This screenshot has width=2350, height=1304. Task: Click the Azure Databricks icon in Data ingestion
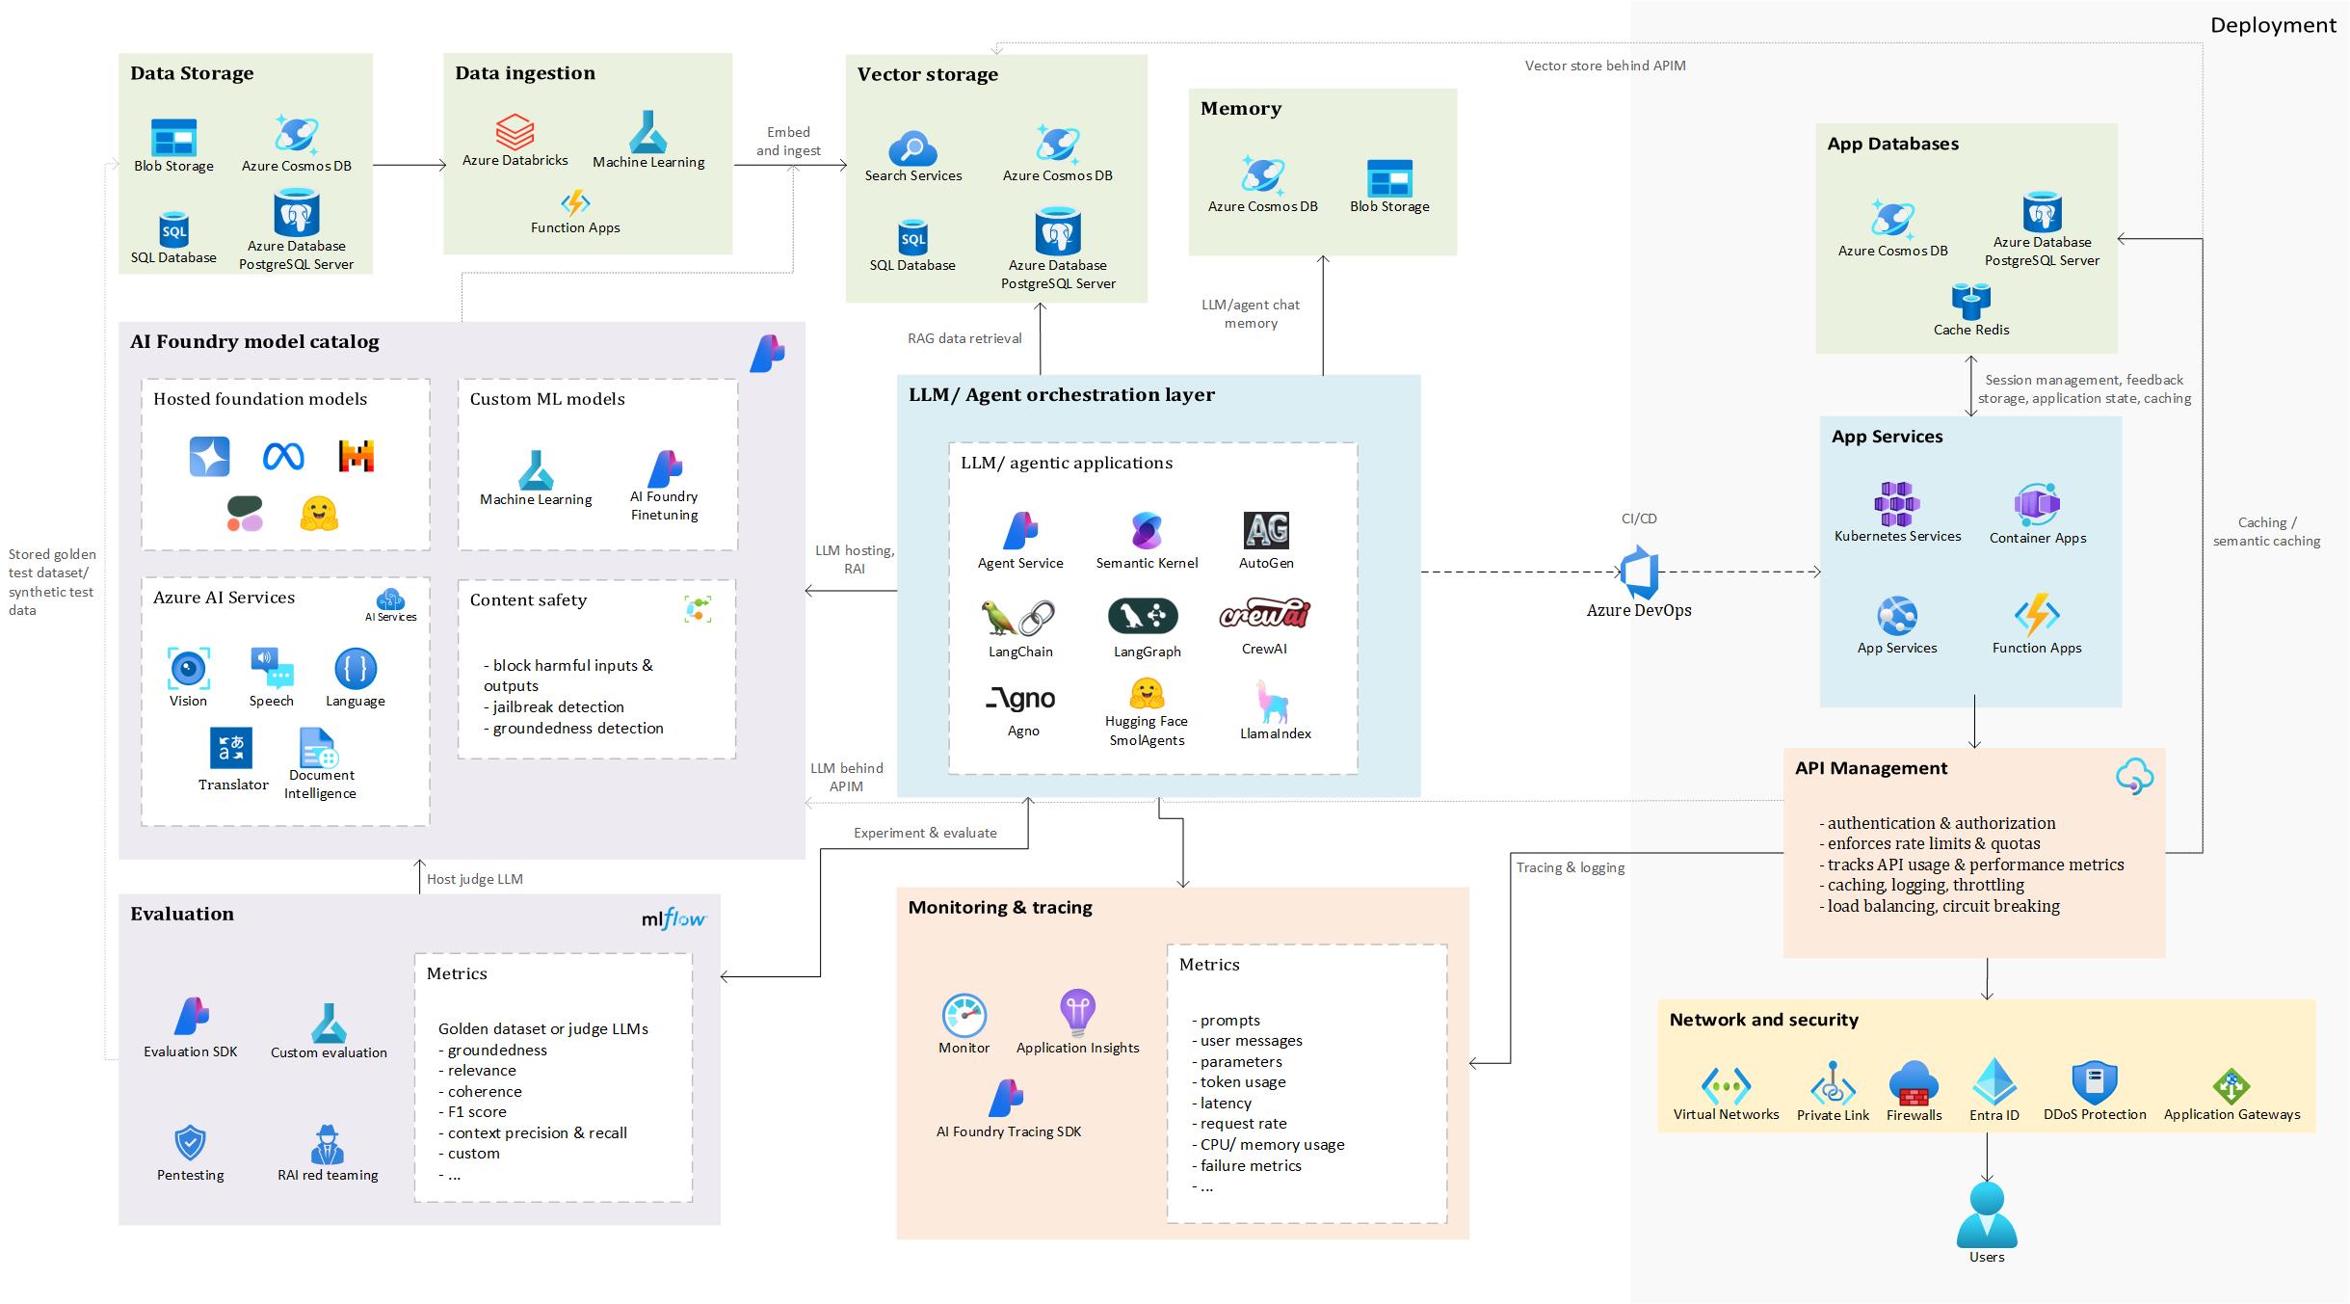(515, 132)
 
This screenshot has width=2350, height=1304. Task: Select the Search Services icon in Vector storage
(912, 148)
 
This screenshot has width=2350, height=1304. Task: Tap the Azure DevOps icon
(1639, 572)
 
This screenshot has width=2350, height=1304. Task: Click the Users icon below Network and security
(1987, 1214)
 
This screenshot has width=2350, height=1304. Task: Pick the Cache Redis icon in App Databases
(1970, 302)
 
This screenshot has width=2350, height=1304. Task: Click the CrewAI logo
(1264, 614)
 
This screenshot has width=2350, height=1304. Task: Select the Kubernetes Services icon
(1896, 504)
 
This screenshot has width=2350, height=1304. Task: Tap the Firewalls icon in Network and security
(1914, 1082)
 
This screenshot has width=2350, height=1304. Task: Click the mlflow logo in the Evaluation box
(673, 918)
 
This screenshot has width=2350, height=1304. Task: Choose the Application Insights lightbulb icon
(1076, 1012)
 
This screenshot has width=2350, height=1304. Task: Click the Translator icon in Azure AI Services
(231, 748)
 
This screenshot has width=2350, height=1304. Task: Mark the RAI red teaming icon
(328, 1144)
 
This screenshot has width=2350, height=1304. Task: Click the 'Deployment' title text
(2272, 26)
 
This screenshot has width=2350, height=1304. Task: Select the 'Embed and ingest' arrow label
(788, 141)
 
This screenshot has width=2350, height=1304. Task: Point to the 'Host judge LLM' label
(474, 879)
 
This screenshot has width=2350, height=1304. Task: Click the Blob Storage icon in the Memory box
(1389, 177)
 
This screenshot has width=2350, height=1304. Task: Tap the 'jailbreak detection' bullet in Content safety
(558, 706)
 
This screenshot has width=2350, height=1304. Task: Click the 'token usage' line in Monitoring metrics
(1242, 1081)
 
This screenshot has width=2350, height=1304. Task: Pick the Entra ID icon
(1994, 1081)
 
